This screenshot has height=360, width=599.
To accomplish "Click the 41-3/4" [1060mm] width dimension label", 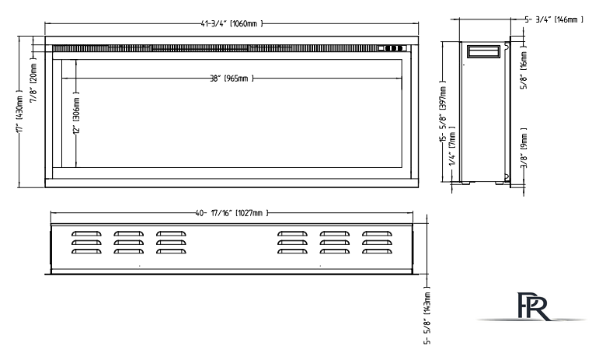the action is [x=232, y=23].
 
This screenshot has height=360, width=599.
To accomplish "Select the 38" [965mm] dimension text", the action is [x=232, y=79].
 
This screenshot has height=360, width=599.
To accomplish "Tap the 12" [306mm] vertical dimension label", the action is [x=76, y=113].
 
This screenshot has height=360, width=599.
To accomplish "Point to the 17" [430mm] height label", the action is [x=20, y=111].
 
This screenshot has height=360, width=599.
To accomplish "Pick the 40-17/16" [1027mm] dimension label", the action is [x=232, y=213].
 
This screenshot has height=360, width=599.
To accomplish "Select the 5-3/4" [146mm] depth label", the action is [x=554, y=19].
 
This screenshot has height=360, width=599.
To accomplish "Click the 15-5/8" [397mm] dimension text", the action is [x=443, y=112].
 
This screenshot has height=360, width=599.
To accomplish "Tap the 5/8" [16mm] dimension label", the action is [x=524, y=68].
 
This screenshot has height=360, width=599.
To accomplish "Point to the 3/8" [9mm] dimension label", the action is [x=524, y=148].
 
